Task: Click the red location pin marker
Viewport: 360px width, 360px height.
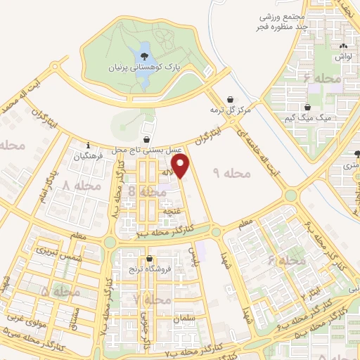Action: pyautogui.click(x=182, y=166)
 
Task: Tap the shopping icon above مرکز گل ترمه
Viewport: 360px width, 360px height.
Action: pyautogui.click(x=230, y=100)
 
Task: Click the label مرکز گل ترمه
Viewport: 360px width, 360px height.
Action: pyautogui.click(x=231, y=110)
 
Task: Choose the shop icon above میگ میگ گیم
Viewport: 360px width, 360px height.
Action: pyautogui.click(x=308, y=108)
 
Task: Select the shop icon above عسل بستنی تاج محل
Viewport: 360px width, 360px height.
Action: pyautogui.click(x=146, y=139)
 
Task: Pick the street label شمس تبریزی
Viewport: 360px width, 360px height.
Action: pyautogui.click(x=50, y=255)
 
